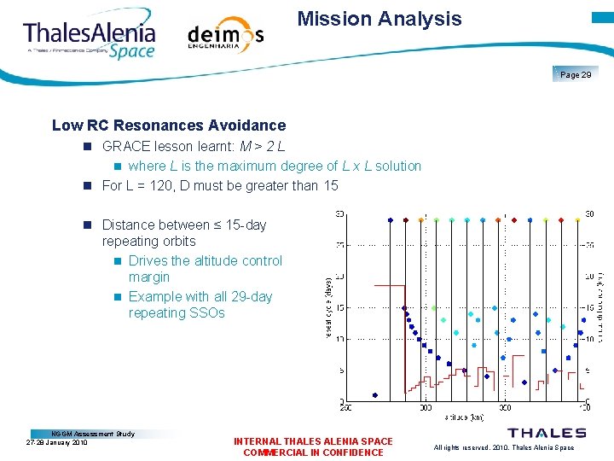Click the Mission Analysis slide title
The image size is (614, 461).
[x=379, y=19]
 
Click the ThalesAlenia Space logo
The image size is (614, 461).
[x=90, y=39]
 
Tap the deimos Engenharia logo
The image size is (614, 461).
[x=225, y=35]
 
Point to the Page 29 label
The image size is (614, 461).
[x=576, y=75]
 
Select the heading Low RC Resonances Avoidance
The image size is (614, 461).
[x=169, y=125]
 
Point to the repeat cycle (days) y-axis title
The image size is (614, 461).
[x=330, y=306]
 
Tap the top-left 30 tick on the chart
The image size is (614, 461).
[x=339, y=213]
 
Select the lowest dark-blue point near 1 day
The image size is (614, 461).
[x=375, y=395]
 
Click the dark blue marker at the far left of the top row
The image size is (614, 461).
[x=390, y=219]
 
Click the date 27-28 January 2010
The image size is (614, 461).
[x=57, y=442]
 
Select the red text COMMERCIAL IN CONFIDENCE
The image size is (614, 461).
[x=313, y=452]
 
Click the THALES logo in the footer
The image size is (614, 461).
[x=547, y=433]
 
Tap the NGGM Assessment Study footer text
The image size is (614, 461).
[x=93, y=434]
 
